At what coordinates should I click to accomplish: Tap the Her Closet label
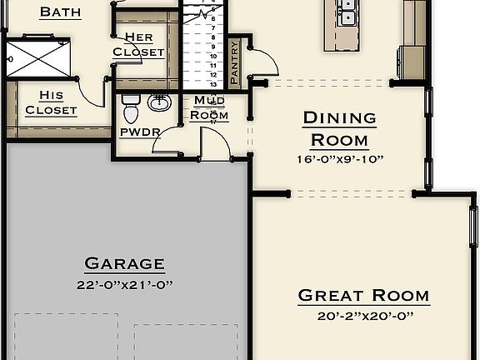tap(138, 44)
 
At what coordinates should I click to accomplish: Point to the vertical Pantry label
tap(234, 62)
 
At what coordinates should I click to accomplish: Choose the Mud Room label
tap(209, 108)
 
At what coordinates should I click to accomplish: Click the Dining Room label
tap(339, 128)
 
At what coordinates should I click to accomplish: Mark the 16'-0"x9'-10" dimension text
tap(339, 159)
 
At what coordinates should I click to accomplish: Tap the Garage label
tap(124, 264)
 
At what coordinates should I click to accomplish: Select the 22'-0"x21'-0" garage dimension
tap(124, 285)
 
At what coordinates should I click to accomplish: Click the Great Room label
tap(363, 295)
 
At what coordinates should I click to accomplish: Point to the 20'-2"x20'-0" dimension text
tap(363, 316)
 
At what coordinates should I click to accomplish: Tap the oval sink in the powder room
tap(159, 102)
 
